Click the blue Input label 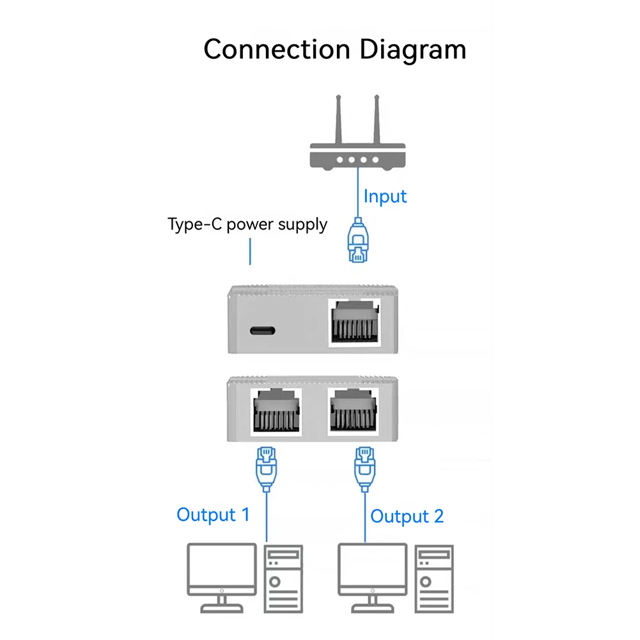tap(385, 196)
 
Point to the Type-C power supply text tap(247, 224)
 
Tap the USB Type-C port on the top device tap(262, 331)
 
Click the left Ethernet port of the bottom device tap(278, 412)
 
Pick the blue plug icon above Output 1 tap(266, 468)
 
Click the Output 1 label tap(213, 515)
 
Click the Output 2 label tap(407, 517)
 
